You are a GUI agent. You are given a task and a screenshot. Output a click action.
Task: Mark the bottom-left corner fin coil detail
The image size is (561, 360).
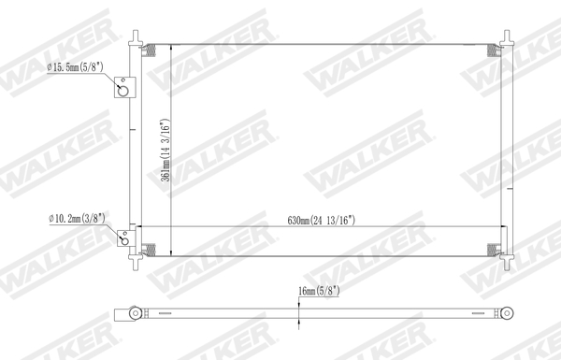pos(150,250)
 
